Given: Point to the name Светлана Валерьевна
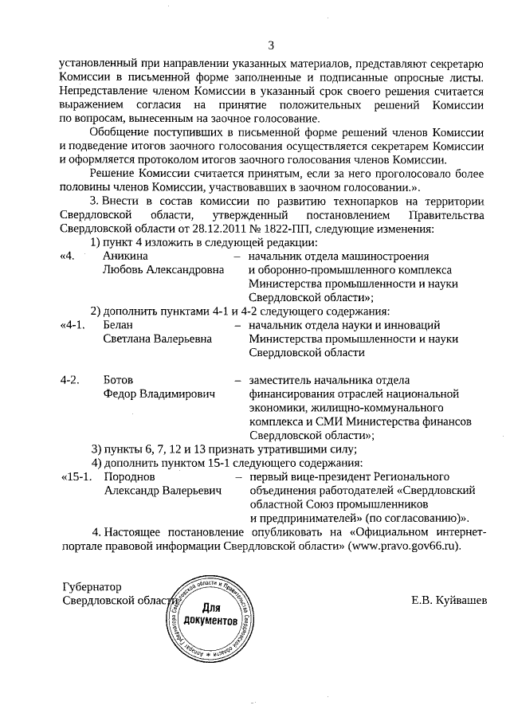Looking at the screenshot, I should coord(157,338).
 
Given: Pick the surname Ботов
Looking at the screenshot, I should coord(119,379).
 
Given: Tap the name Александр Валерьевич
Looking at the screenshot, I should coord(162,489).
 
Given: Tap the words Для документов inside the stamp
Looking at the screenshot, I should coord(210,613).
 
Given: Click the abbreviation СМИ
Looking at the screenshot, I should coord(320,420).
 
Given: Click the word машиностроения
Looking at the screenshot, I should coord(383,257).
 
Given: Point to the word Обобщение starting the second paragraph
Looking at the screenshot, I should coord(119,132).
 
